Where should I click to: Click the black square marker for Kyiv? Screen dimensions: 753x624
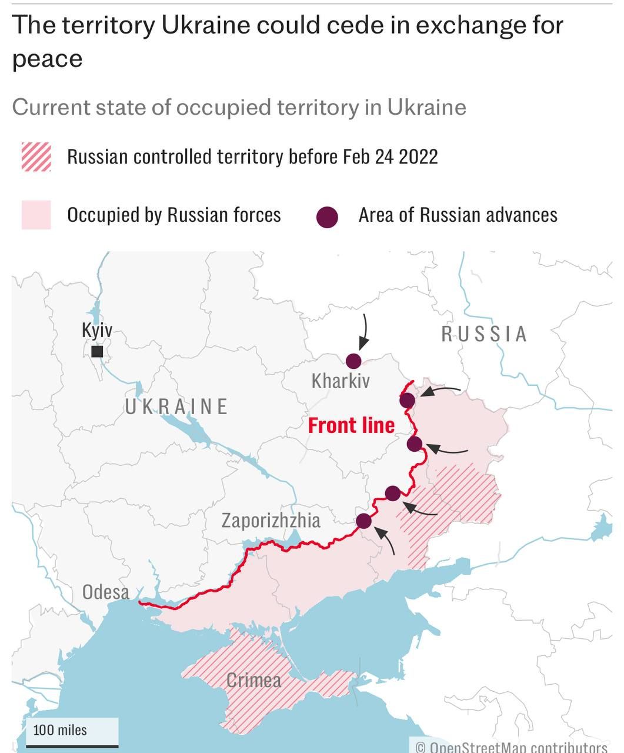click(x=98, y=351)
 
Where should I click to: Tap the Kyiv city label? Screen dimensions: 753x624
click(x=97, y=330)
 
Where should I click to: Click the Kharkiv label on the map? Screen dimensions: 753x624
click(x=341, y=381)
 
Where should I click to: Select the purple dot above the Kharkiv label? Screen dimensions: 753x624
click(x=353, y=361)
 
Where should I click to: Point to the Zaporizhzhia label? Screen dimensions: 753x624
click(x=271, y=520)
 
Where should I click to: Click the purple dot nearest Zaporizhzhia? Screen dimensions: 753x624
click(x=364, y=521)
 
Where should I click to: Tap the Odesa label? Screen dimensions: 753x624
click(x=106, y=591)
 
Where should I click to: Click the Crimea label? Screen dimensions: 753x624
click(x=254, y=681)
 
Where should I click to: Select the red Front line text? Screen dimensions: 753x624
click(x=351, y=425)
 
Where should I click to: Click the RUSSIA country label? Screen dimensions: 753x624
click(x=485, y=334)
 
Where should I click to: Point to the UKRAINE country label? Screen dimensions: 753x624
click(x=176, y=407)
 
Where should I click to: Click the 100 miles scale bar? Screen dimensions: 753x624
click(x=72, y=733)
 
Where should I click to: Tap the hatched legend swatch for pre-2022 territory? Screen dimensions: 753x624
click(x=36, y=157)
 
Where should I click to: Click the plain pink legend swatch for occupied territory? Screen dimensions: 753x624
click(x=36, y=215)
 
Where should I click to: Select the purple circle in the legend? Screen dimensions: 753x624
click(x=327, y=217)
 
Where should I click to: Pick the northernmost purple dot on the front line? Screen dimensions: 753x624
click(x=407, y=401)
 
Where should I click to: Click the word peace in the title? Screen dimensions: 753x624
click(x=47, y=59)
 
